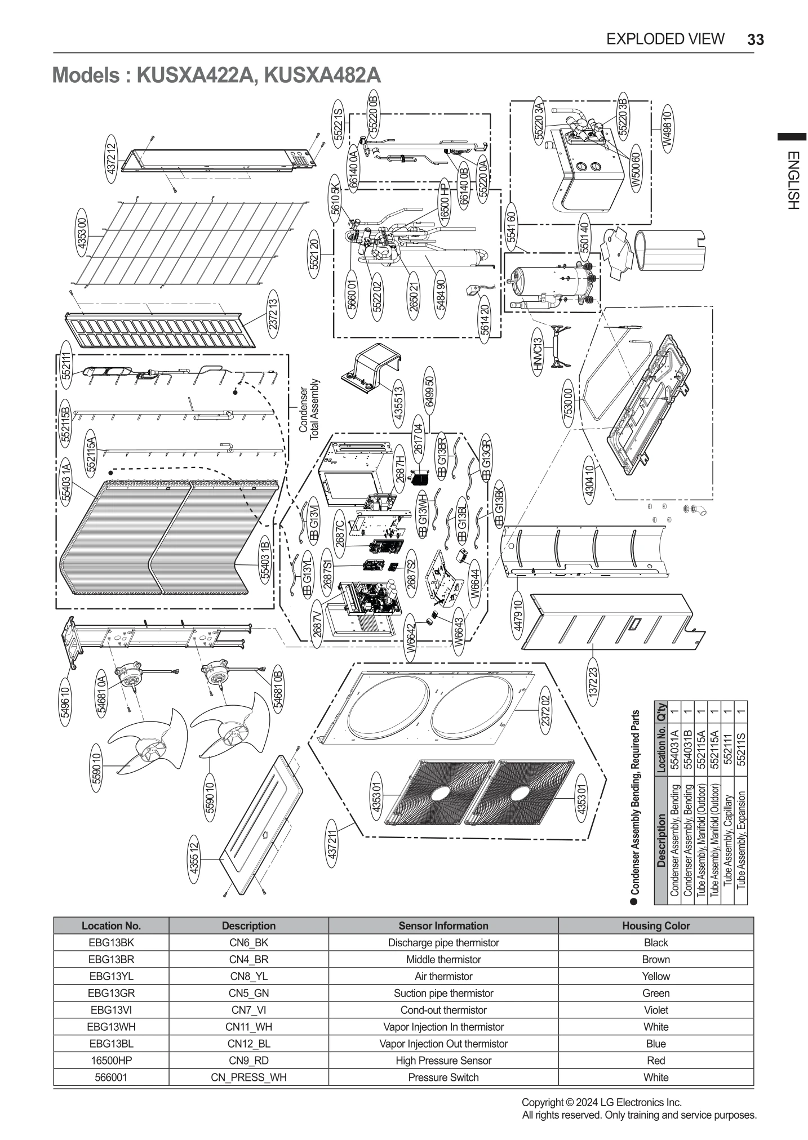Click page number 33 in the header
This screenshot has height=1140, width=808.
tap(755, 39)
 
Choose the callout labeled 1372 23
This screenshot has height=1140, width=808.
tap(592, 682)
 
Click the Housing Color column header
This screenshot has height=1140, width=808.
tap(655, 925)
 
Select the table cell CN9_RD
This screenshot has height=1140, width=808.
tap(248, 1061)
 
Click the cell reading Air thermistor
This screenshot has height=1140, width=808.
tap(443, 976)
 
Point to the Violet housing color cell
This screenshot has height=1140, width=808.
tap(655, 1010)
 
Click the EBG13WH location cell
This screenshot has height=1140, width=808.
tap(111, 1027)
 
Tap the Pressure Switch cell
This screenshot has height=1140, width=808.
tap(443, 1077)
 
